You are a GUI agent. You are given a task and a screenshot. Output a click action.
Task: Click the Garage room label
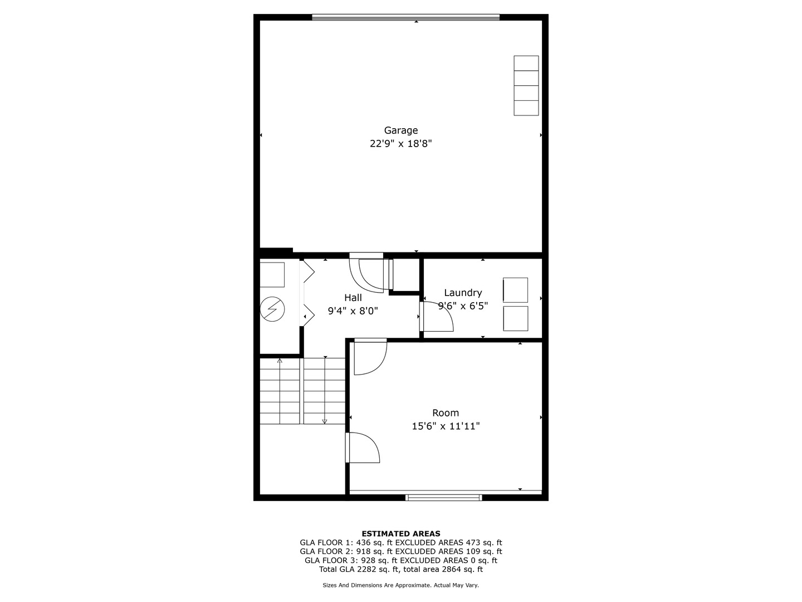(x=400, y=130)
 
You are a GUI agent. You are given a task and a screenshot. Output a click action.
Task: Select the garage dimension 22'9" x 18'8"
(x=400, y=144)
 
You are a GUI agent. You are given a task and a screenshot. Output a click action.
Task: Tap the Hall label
(x=353, y=298)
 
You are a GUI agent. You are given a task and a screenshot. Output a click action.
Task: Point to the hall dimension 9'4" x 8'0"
(x=353, y=311)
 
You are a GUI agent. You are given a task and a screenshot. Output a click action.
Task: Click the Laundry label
(x=463, y=293)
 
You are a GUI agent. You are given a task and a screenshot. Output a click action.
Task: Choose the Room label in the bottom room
(x=446, y=413)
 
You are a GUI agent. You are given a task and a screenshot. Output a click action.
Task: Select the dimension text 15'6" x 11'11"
(x=446, y=426)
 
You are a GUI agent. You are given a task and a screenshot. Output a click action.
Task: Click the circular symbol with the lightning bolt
(x=273, y=309)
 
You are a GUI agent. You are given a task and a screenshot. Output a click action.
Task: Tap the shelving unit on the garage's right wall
(x=526, y=85)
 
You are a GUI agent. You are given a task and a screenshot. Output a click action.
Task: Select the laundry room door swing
(x=437, y=317)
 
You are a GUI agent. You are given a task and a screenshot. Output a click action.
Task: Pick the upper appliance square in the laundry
(x=515, y=290)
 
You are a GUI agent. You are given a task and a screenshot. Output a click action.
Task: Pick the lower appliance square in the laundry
(x=515, y=318)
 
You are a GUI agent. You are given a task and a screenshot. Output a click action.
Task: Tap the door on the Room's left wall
(x=363, y=448)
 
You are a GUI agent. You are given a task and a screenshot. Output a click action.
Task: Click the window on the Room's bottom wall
(x=444, y=497)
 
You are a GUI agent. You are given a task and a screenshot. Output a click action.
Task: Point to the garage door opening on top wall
(x=405, y=17)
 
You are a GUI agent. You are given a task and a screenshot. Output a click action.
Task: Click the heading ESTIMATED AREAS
(x=400, y=533)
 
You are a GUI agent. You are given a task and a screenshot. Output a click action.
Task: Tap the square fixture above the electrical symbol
(x=272, y=274)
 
